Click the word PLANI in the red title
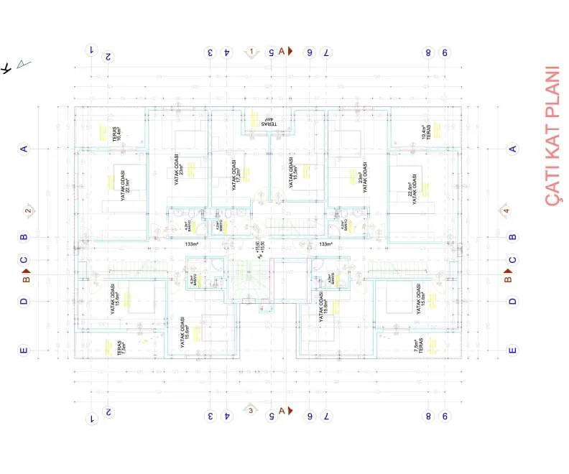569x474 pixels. [551, 92]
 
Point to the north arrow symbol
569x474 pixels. [16, 66]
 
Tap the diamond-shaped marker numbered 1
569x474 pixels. [252, 52]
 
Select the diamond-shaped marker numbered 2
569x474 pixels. [28, 210]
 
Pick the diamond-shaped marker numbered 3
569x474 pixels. [250, 410]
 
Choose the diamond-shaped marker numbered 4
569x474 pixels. [506, 210]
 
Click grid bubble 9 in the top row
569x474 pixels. [445, 52]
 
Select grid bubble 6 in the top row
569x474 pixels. [310, 52]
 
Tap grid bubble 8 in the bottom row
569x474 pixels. [427, 416]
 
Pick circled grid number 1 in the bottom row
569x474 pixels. [91, 416]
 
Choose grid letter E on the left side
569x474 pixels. [24, 350]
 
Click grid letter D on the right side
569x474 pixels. [512, 302]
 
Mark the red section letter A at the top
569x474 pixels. [282, 51]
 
